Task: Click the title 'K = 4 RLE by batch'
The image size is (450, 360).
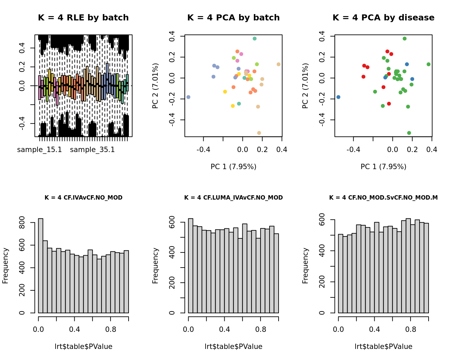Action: click(x=83, y=18)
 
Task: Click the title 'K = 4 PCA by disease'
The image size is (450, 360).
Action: click(x=383, y=18)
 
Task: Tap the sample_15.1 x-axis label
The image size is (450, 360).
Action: click(x=40, y=150)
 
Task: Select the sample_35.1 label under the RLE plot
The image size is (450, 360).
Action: click(x=92, y=150)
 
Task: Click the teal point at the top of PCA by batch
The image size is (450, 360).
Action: click(x=254, y=39)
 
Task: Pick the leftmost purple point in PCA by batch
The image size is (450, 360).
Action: click(x=188, y=97)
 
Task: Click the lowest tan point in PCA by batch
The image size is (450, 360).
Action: click(x=259, y=133)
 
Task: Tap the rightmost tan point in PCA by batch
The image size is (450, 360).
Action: click(x=279, y=64)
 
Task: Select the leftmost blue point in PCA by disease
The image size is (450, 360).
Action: click(x=338, y=97)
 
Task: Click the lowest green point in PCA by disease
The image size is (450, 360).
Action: click(x=409, y=133)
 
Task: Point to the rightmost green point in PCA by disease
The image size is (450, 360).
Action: click(x=429, y=64)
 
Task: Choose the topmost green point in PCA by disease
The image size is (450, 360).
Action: click(x=404, y=39)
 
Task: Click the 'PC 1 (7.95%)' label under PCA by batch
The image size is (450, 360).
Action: click(x=233, y=167)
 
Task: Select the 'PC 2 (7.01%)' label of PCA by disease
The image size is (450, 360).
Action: click(x=305, y=86)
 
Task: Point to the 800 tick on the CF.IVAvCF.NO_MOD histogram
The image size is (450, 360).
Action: click(x=22, y=222)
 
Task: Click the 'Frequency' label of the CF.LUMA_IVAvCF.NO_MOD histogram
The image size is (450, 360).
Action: click(x=155, y=266)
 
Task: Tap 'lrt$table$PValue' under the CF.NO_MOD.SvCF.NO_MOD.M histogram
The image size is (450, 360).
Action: click(x=383, y=347)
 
